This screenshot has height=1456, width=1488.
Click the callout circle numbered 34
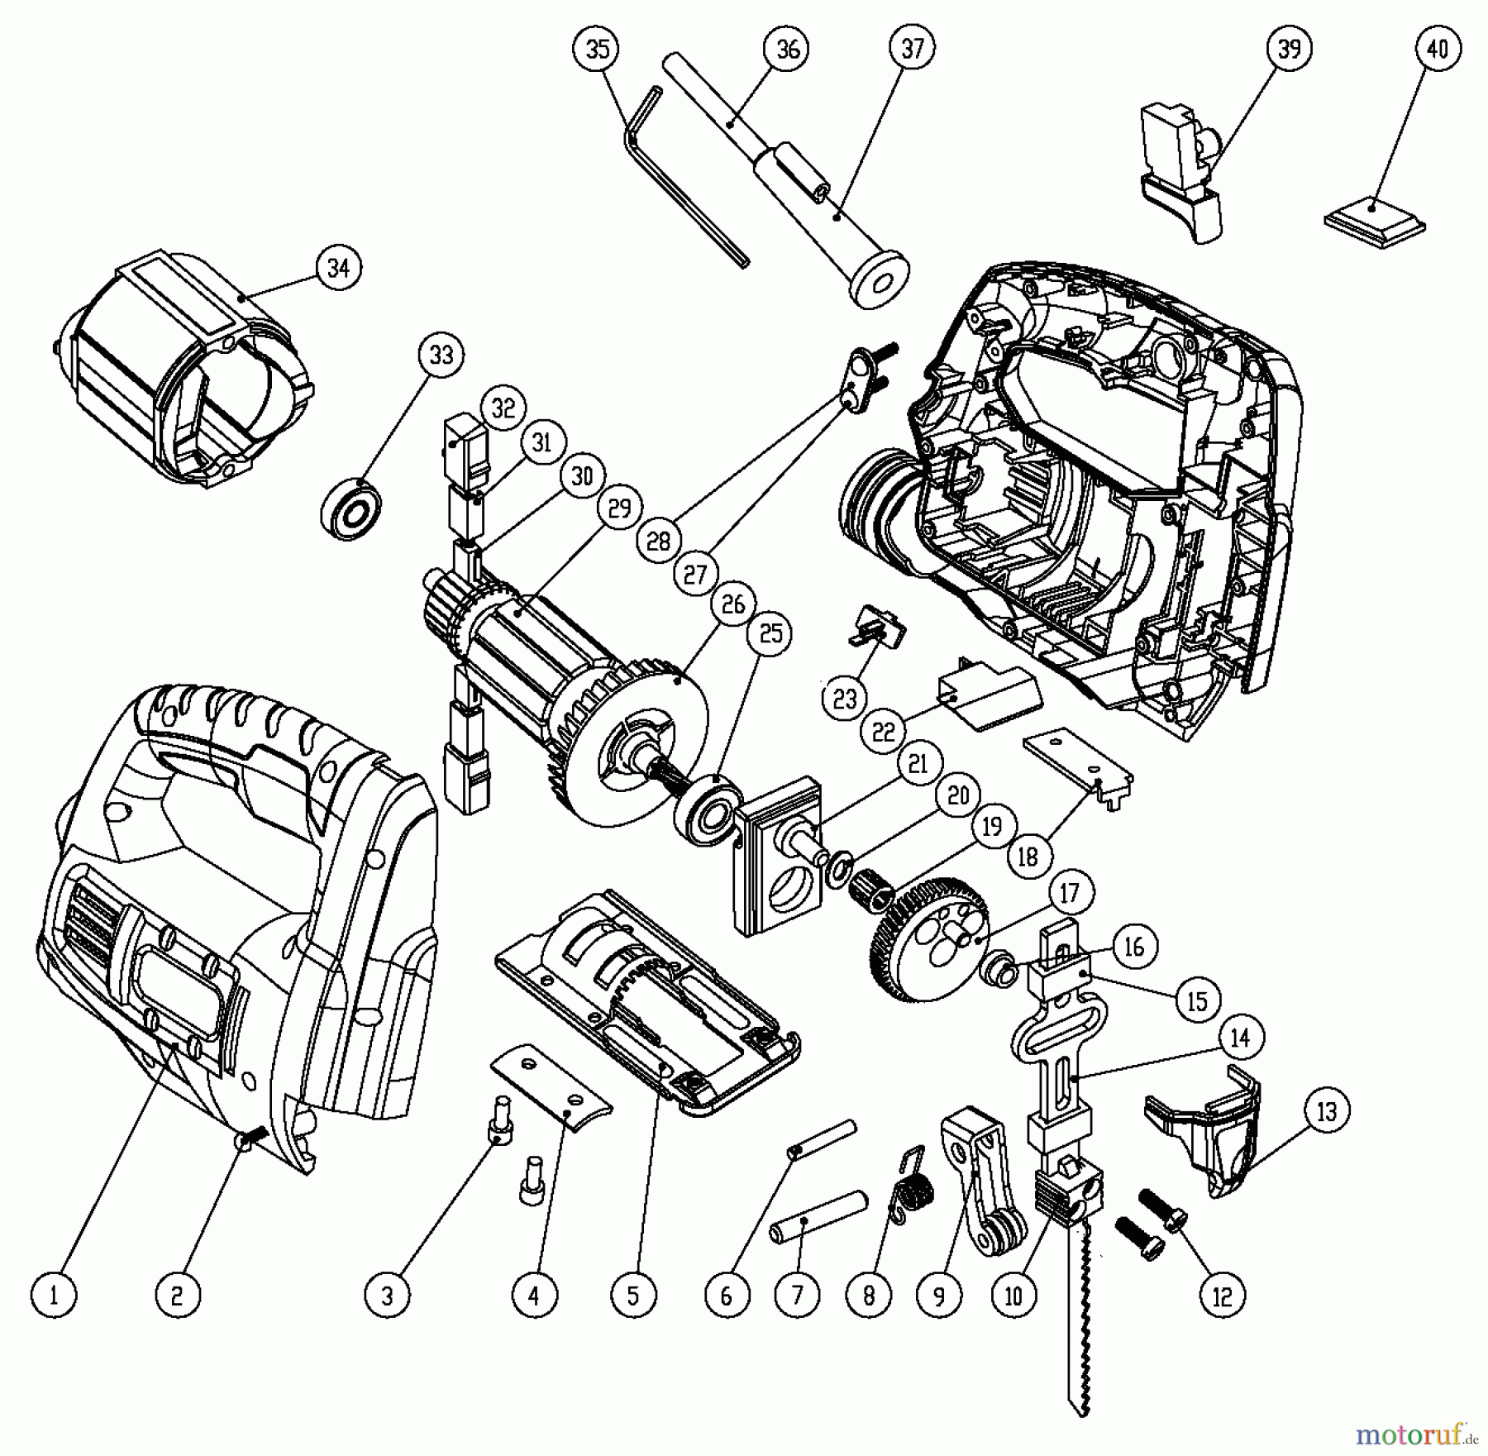338,268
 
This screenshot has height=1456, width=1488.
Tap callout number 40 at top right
1438,50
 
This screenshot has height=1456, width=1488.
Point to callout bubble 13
1326,1112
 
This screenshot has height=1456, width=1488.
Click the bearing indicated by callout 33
353,508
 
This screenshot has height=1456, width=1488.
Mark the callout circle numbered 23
845,699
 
